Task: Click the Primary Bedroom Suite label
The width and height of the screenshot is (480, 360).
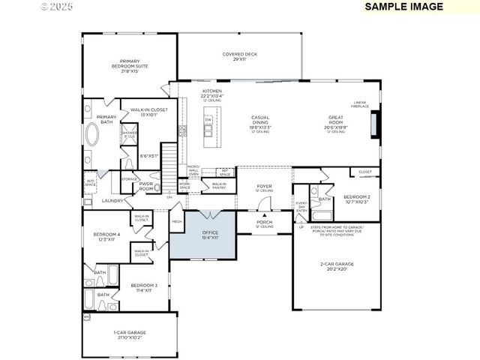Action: (x=125, y=65)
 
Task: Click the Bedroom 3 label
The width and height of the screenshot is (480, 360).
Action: (x=144, y=287)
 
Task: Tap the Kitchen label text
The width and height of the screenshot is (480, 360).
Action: (x=190, y=94)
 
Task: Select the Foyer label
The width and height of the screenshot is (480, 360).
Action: (x=265, y=187)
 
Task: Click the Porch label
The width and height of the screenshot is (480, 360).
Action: (x=264, y=223)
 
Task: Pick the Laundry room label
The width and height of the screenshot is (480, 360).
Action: (x=112, y=201)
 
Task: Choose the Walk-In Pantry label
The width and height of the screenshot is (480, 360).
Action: (x=219, y=185)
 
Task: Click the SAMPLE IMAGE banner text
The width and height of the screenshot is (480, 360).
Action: (x=403, y=7)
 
